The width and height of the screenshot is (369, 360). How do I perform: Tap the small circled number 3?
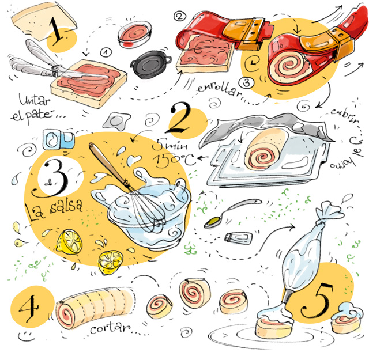coord(246,82)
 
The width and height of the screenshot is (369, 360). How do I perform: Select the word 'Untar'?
coord(24,98)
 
